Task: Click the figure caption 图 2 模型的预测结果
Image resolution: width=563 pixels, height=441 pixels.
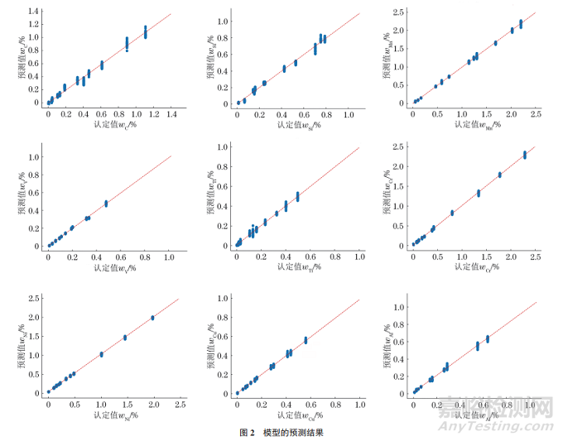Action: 281,433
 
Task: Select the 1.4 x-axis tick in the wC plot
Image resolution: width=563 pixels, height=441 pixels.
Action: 171,113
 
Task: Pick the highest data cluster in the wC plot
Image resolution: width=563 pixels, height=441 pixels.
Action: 145,31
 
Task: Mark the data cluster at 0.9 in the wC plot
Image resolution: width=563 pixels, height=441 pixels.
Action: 127,43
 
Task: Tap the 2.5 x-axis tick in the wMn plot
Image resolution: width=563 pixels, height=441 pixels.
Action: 536,113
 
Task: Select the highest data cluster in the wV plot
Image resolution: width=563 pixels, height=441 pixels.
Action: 106,203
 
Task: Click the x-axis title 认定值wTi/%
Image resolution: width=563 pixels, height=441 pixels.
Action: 296,267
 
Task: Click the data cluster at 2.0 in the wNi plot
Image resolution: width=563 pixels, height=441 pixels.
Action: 153,318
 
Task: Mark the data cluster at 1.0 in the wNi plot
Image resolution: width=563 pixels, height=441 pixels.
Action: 101,354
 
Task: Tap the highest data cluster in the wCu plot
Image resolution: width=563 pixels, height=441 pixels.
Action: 306,340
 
